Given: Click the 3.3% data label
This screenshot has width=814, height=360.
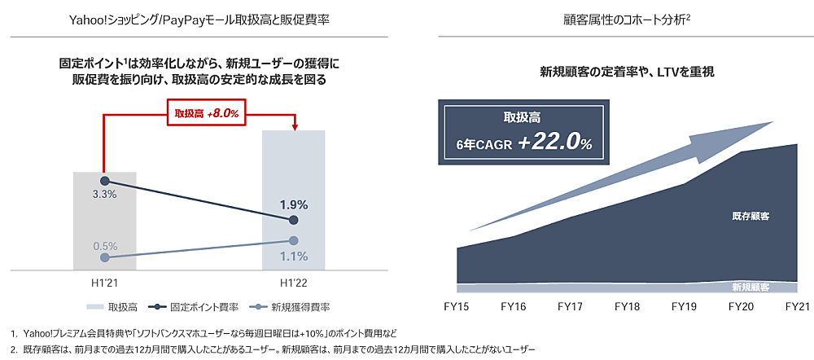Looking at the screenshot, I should tap(105, 195).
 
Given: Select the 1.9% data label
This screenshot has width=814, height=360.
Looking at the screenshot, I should tap(294, 205).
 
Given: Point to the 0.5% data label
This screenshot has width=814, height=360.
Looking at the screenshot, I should tap(105, 245).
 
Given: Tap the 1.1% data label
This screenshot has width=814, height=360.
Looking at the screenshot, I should tap(294, 257).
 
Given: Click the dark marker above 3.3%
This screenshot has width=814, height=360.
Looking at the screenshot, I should tap(105, 180).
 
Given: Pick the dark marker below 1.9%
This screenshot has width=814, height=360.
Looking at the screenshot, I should tap(294, 221).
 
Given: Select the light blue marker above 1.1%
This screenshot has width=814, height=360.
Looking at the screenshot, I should tap(294, 240).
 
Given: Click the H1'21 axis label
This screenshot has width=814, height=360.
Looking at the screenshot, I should tap(105, 282).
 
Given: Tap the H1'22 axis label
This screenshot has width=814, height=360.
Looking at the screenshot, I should tap(294, 282).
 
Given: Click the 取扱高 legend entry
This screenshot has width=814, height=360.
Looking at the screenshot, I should tap(113, 307).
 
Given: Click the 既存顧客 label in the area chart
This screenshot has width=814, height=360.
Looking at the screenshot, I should tap(751, 217).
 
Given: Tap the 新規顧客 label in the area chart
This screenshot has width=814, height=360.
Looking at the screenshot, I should tap(751, 287).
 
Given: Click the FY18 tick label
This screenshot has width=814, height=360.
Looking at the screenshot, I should tap(628, 307).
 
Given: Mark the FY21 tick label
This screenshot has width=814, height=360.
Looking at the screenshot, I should tap(797, 307).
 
